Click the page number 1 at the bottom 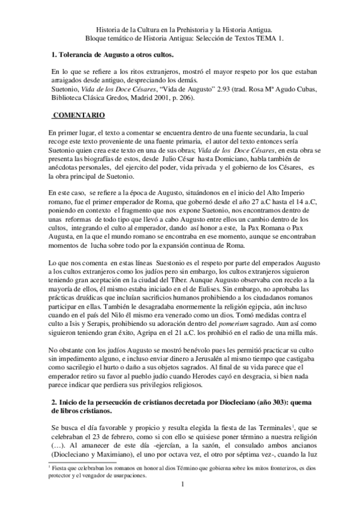(x=180, y=494)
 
